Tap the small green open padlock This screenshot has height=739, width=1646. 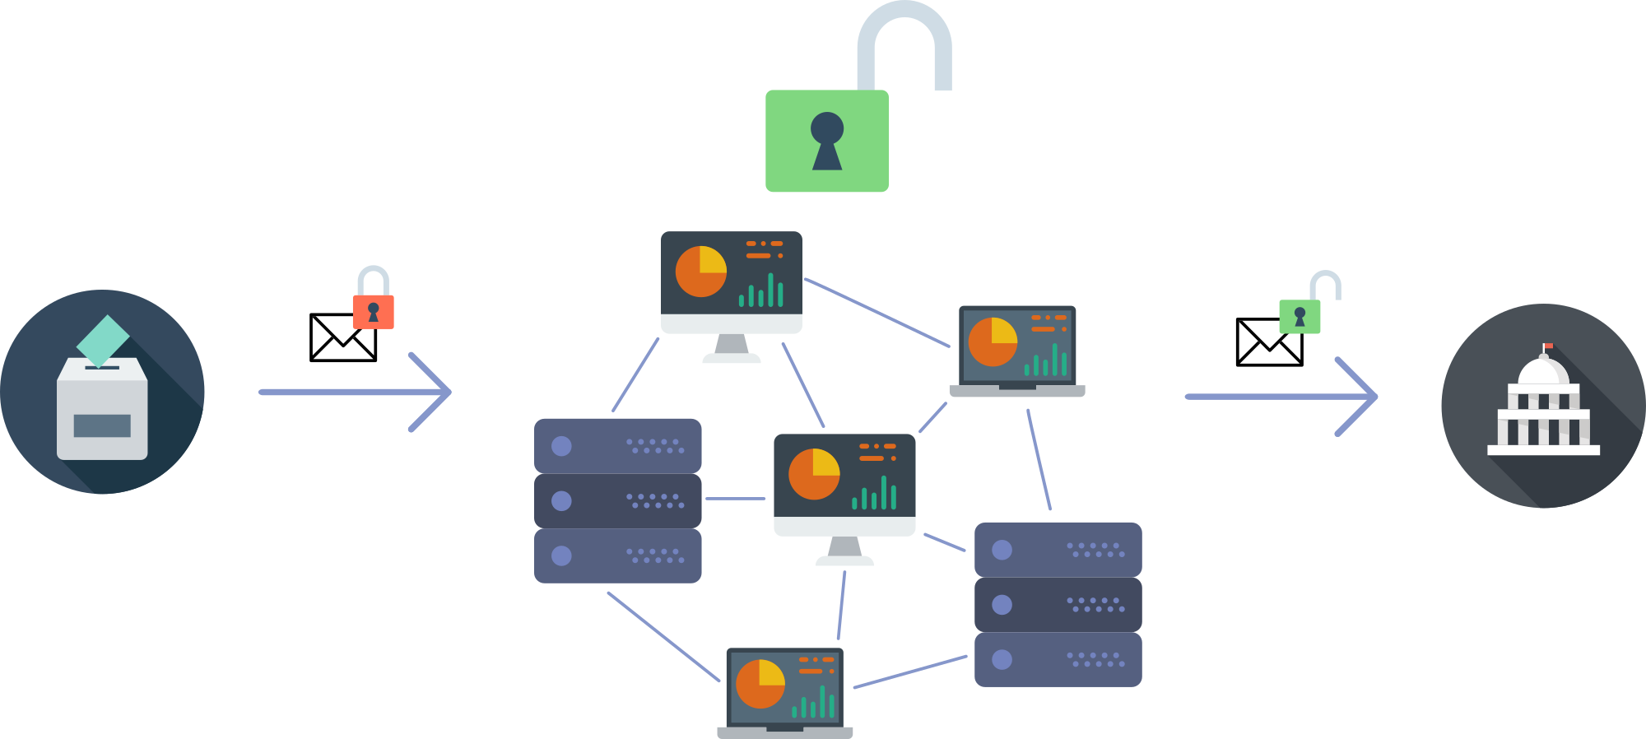1300,316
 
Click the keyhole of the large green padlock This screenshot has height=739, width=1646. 827,140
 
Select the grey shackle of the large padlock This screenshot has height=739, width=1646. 904,33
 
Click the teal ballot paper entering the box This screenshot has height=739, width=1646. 103,340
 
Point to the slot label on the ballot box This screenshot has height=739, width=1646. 102,425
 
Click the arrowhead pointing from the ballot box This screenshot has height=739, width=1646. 436,392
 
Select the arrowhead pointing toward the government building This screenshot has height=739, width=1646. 1363,397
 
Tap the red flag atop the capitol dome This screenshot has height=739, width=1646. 1548,346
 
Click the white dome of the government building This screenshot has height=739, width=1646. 1543,372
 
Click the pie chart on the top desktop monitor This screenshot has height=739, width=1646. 701,272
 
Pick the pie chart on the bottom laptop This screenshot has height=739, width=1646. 760,684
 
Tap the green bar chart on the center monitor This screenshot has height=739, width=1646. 875,494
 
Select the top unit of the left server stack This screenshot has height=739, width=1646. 617,446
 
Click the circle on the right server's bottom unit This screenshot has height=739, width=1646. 1002,659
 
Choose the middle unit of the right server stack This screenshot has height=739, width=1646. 1058,605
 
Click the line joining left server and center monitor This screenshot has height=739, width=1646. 735,499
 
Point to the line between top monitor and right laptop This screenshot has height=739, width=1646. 876,312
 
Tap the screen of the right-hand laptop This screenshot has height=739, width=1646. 1017,344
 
